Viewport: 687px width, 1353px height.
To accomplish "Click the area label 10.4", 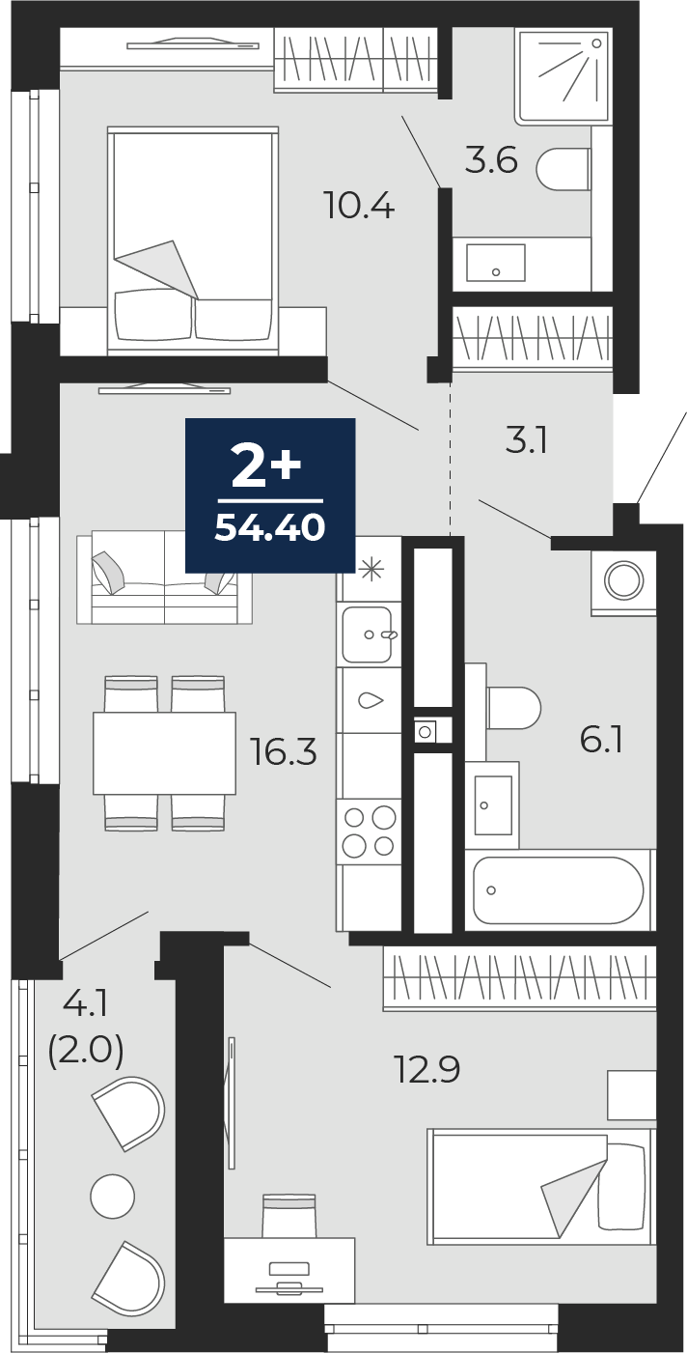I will [x=360, y=206].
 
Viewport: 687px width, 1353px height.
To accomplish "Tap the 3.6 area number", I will [x=491, y=160].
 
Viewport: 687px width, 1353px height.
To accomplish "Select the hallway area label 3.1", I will [x=527, y=441].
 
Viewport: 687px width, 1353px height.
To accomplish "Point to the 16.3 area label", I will [x=284, y=751].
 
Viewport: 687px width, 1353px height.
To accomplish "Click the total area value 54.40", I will [x=269, y=527].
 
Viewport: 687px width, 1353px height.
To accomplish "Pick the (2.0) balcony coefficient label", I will [x=86, y=1050].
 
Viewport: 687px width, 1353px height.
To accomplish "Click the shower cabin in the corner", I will [x=563, y=75].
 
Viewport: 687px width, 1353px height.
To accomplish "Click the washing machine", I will [x=624, y=582].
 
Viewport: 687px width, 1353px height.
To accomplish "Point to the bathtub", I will [x=558, y=889].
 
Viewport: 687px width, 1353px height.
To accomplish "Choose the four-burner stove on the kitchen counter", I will [x=369, y=832].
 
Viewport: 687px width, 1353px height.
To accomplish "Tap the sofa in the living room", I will [x=164, y=577].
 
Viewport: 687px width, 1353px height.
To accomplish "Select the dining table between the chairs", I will [x=164, y=753].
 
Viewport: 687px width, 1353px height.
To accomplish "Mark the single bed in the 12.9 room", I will [x=540, y=1185].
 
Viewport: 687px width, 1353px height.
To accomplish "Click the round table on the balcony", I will [x=112, y=1197].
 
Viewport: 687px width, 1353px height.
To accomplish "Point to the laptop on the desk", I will [x=289, y=1275].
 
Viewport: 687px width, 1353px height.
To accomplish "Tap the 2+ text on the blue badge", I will [x=267, y=469].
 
